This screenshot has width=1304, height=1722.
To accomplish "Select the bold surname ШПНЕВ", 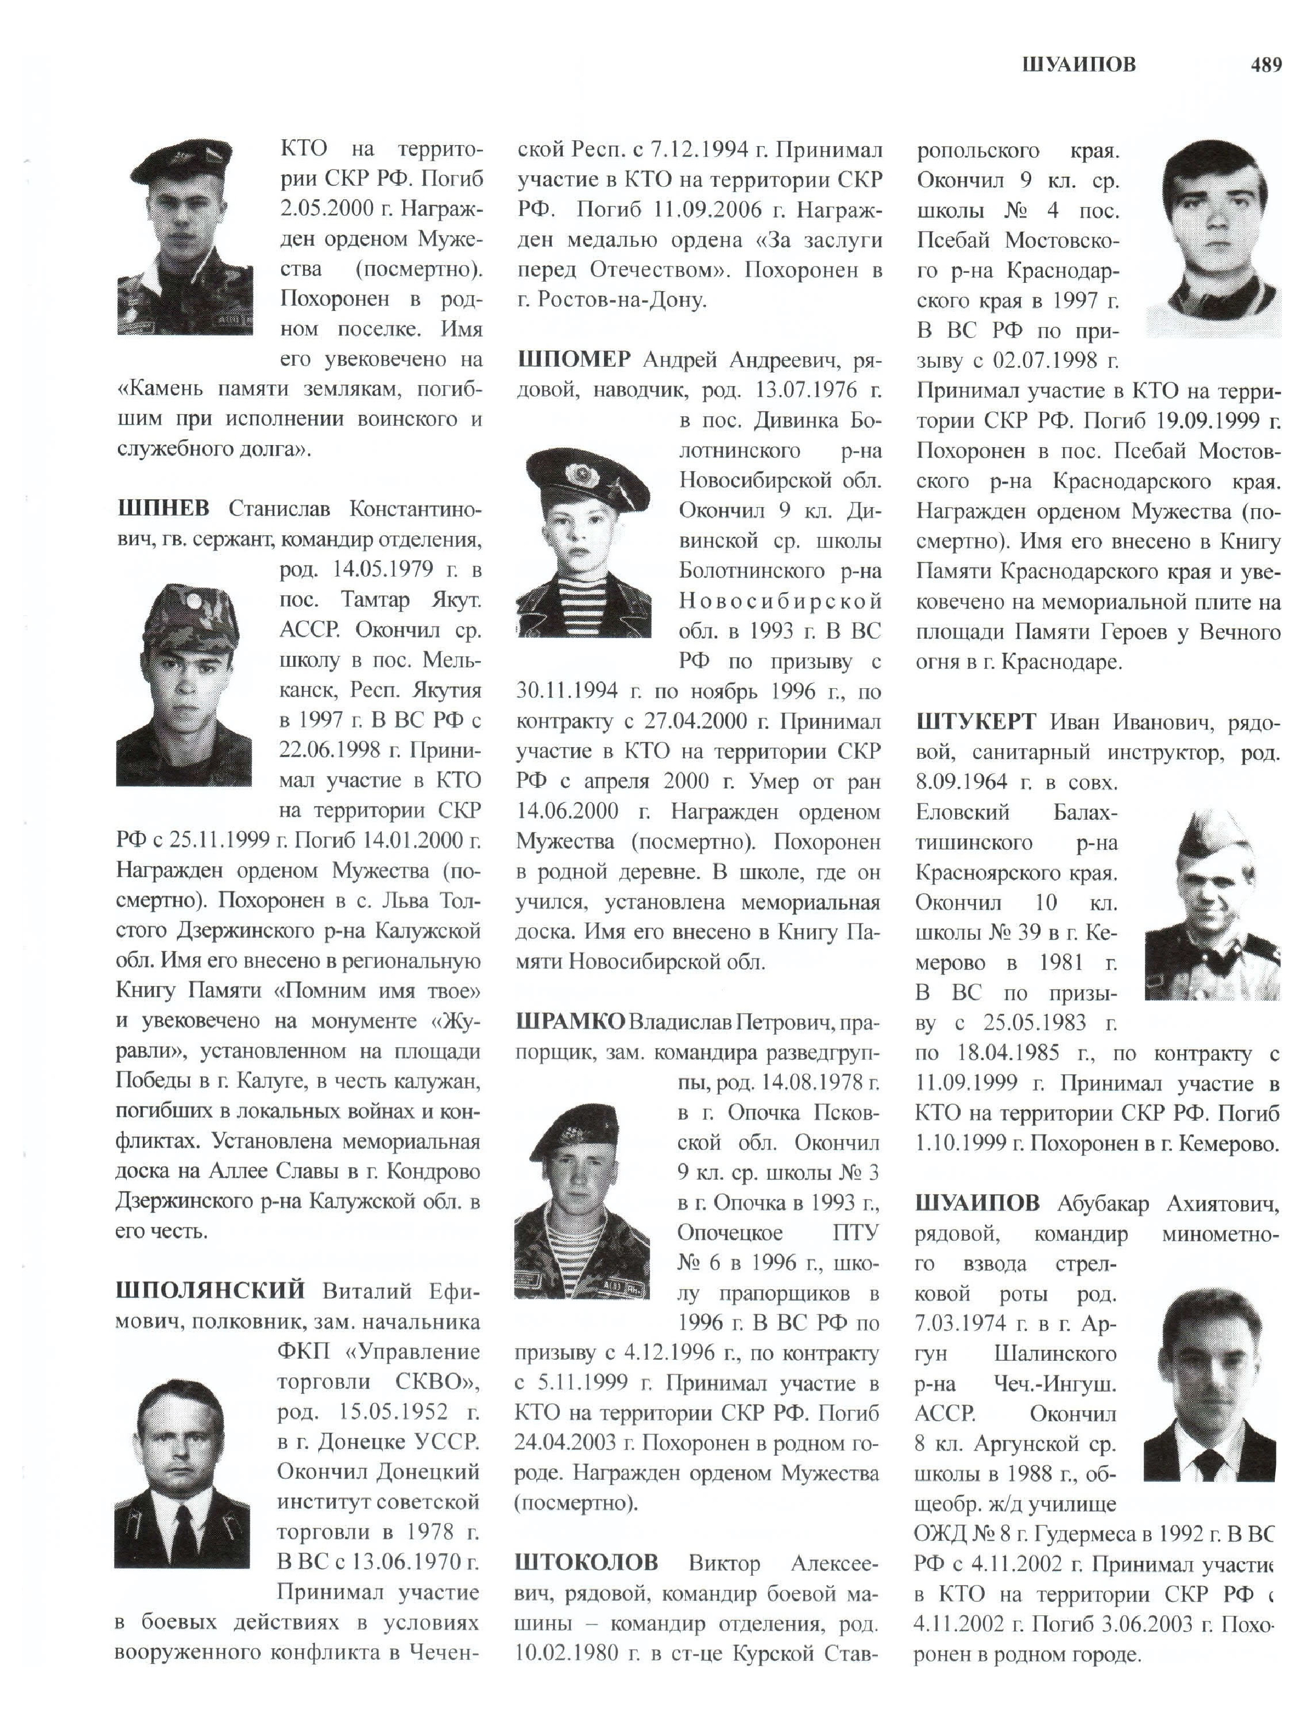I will pyautogui.click(x=163, y=509).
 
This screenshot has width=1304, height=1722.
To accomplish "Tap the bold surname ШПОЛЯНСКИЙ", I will pyautogui.click(x=210, y=1291).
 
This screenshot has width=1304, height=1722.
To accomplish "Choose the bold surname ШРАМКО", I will pyautogui.click(x=570, y=1021).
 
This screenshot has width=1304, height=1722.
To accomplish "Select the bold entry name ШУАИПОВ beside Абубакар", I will pyautogui.click(x=977, y=1203).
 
